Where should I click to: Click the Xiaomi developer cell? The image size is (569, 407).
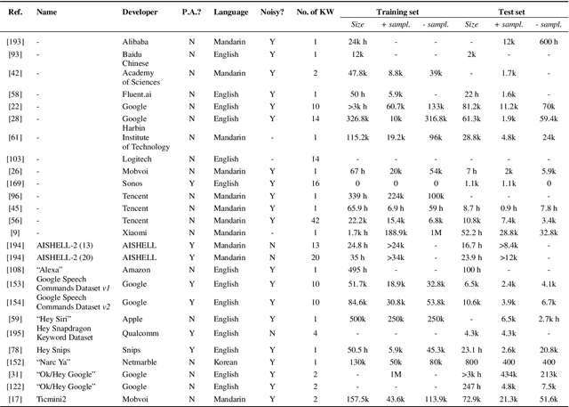[135, 232]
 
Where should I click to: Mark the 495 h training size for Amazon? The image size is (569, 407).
[357, 268]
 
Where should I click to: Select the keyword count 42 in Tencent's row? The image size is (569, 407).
[315, 219]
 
